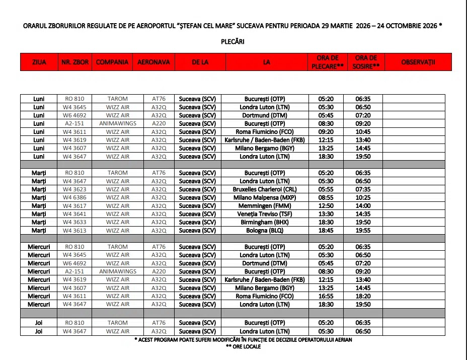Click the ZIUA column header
point(39,62)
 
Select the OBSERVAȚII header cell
point(418,62)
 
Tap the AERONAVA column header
point(153,62)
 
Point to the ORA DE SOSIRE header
point(366,62)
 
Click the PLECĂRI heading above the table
point(232,42)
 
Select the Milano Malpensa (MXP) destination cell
point(264,197)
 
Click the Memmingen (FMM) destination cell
point(264,205)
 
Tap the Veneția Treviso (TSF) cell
point(264,214)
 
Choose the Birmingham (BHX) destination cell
point(264,222)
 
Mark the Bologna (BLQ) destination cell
point(264,231)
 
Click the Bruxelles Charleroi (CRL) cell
point(264,189)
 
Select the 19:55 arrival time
point(363,231)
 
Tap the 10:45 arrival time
point(363,131)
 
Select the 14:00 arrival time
point(363,205)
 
